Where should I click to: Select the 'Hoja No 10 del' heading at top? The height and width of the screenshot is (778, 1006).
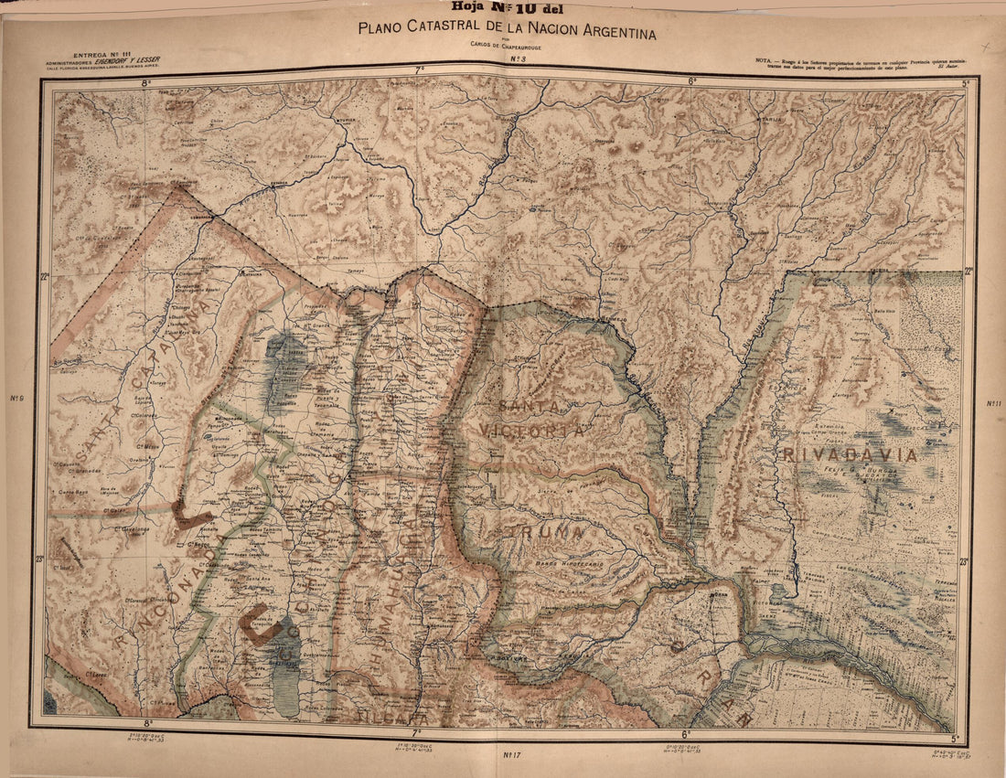(502, 10)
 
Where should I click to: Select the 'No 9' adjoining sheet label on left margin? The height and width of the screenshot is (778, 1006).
(16, 398)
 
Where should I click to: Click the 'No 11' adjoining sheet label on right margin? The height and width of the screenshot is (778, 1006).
(993, 403)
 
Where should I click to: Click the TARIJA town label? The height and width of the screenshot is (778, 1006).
(770, 119)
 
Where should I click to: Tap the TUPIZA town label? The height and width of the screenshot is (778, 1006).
(345, 119)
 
